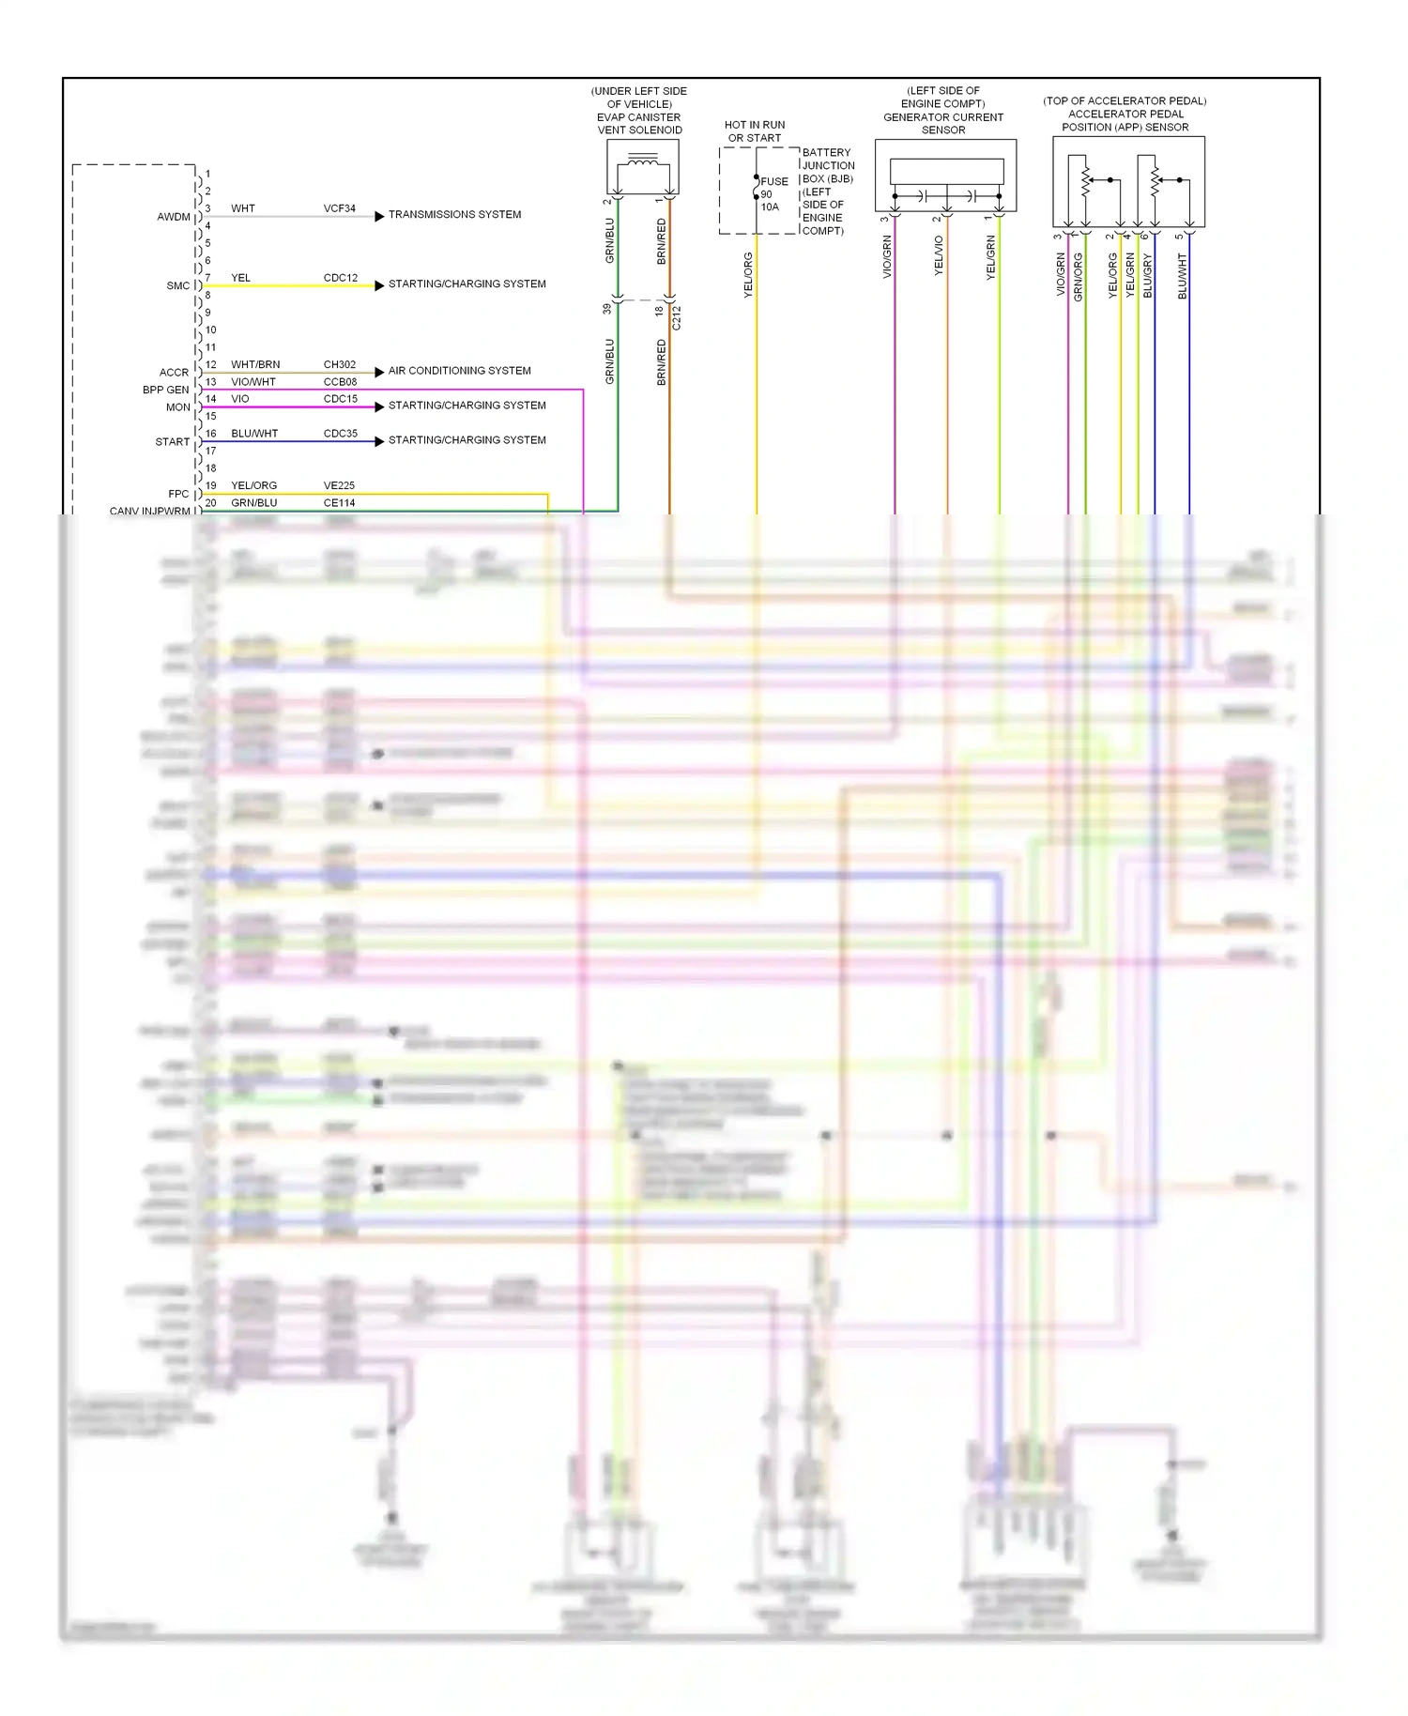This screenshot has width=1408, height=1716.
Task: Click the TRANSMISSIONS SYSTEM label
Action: click(x=454, y=215)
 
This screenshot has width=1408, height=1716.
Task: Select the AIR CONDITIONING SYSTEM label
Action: click(x=459, y=371)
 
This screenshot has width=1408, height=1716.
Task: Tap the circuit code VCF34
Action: click(x=340, y=208)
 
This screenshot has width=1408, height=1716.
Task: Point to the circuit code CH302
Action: click(x=340, y=364)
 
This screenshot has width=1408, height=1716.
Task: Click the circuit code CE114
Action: click(x=340, y=503)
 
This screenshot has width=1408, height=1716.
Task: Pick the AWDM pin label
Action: click(x=174, y=217)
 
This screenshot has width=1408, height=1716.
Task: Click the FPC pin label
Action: click(x=178, y=494)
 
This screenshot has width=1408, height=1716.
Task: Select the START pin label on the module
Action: click(x=173, y=442)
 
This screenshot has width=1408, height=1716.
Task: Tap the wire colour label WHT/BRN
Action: click(x=255, y=364)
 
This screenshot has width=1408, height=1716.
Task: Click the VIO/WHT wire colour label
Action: click(x=253, y=382)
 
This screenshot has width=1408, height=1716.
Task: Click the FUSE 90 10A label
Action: click(x=773, y=194)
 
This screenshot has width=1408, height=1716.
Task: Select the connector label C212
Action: click(x=677, y=317)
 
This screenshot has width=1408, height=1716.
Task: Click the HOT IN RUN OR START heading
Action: click(x=755, y=131)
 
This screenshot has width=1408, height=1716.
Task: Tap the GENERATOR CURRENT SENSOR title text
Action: click(x=943, y=124)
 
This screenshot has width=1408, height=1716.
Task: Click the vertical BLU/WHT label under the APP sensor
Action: click(x=1182, y=276)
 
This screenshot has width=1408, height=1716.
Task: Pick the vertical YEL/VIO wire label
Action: click(x=939, y=255)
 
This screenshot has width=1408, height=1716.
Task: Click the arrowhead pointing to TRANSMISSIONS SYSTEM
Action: click(x=379, y=216)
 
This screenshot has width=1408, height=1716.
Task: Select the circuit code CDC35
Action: click(x=340, y=434)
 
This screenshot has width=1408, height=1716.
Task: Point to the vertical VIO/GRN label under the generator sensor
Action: click(x=887, y=256)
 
